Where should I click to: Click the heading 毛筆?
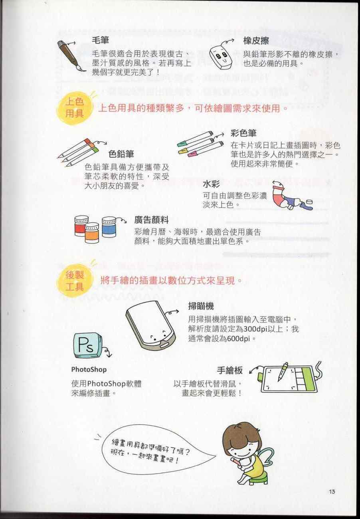tap(100, 40)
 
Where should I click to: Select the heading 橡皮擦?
tap(256, 41)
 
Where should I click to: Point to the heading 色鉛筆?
tap(121, 154)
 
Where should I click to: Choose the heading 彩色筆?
tap(243, 133)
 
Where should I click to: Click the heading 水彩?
tap(211, 184)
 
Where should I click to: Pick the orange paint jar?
tap(92, 233)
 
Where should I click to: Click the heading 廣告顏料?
tap(152, 220)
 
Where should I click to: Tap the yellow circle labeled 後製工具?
tap(75, 281)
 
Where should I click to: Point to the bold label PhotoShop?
tap(89, 369)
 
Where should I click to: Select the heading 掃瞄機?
tap(201, 306)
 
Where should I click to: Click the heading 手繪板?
tap(230, 370)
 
